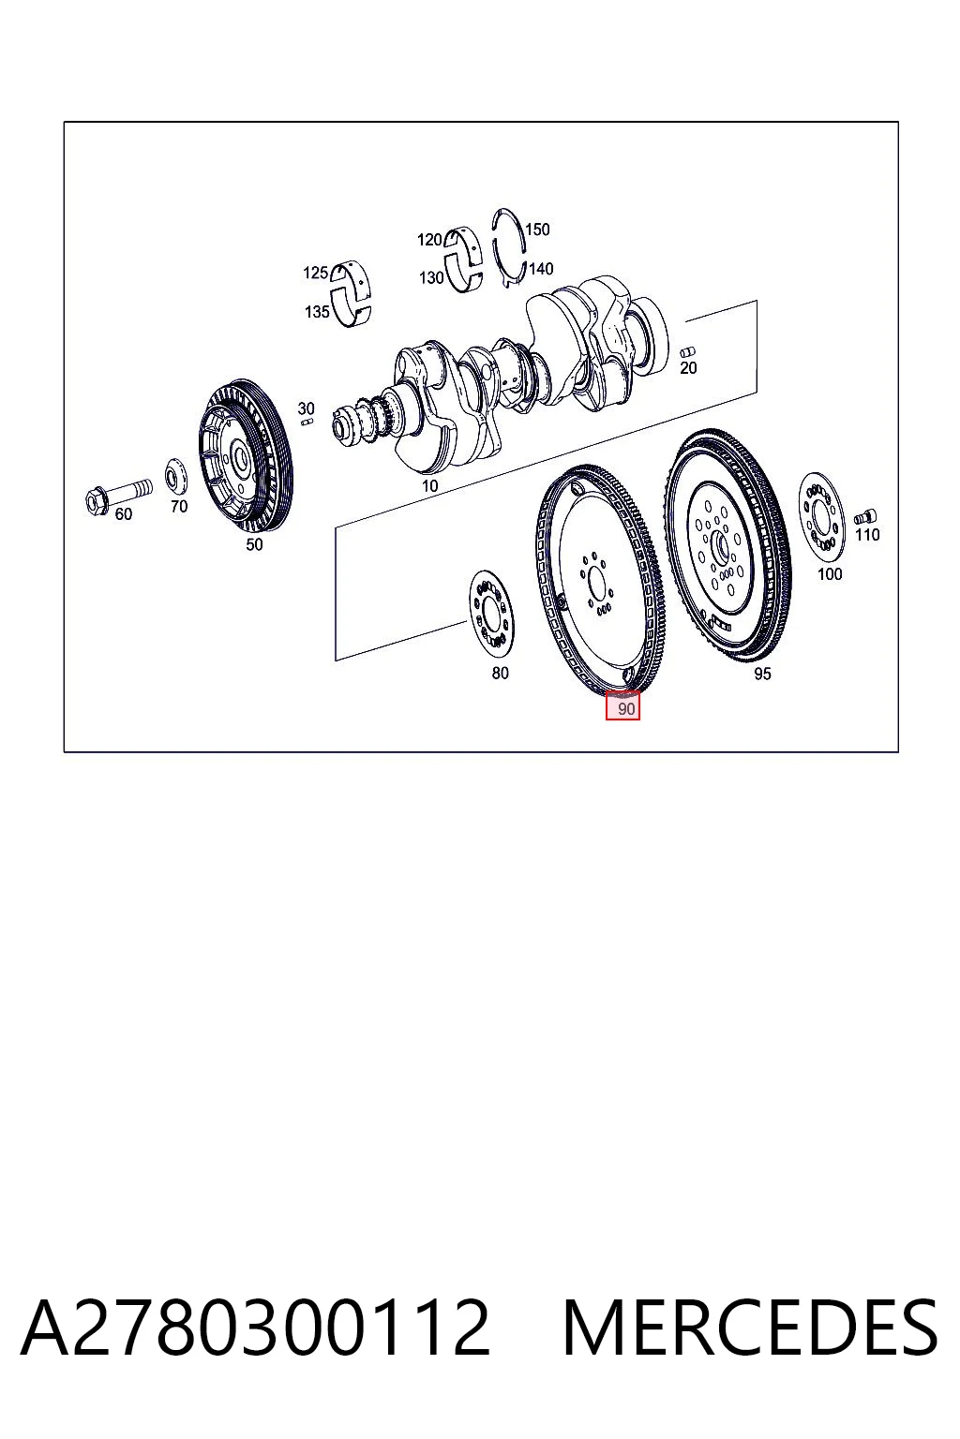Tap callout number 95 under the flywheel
[762, 674]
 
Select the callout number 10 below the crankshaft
[429, 485]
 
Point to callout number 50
[255, 544]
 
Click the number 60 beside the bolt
[123, 514]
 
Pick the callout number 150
[537, 230]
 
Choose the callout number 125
[315, 273]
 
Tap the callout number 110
[867, 534]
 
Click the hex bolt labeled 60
[118, 496]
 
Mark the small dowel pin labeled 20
[687, 352]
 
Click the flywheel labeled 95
[727, 547]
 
